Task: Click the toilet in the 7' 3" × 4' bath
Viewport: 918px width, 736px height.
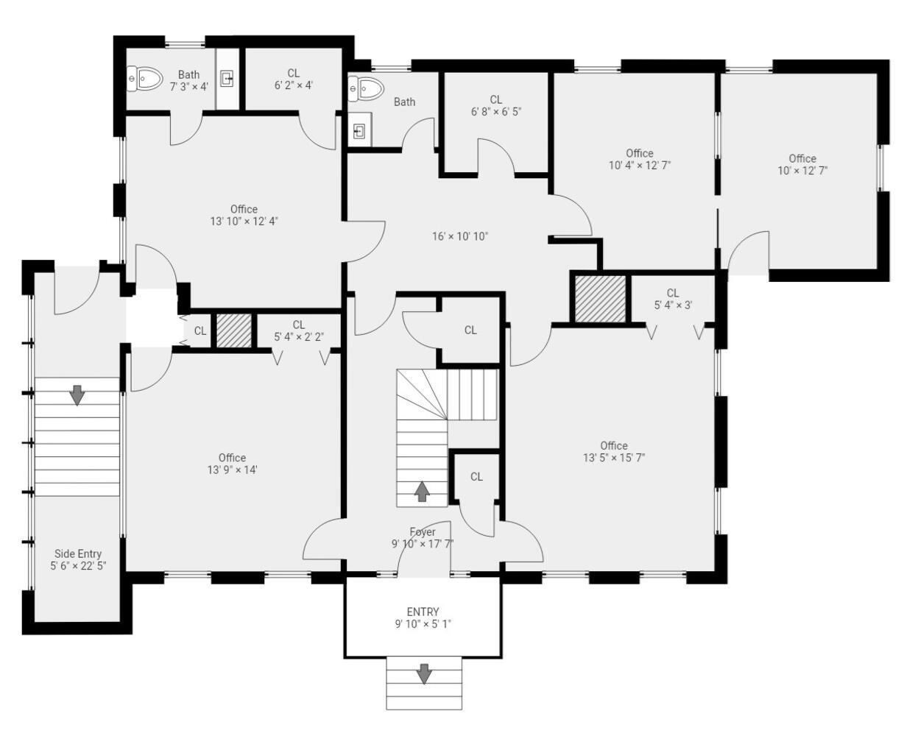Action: (145, 79)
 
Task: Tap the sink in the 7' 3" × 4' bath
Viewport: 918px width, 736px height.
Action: (227, 79)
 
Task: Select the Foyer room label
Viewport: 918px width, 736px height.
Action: (423, 531)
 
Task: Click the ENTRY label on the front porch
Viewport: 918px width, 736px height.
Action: (423, 612)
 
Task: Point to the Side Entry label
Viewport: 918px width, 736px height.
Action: (78, 554)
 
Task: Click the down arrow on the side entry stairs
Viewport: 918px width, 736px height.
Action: (77, 395)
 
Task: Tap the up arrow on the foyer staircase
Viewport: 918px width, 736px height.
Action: (422, 491)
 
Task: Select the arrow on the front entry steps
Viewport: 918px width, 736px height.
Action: (424, 673)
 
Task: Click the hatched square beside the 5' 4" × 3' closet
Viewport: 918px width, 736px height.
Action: (600, 299)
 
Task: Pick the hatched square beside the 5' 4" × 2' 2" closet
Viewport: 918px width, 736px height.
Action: (234, 331)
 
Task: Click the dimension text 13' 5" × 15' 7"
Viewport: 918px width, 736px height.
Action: (614, 458)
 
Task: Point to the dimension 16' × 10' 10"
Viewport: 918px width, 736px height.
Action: (460, 236)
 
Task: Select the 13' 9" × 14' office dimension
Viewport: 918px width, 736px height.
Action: (233, 470)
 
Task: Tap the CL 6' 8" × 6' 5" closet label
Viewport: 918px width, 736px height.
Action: (496, 106)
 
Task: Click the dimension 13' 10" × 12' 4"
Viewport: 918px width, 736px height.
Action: (244, 222)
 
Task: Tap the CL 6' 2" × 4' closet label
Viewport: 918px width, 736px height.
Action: (294, 79)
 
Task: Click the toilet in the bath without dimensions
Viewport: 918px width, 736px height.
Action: (366, 89)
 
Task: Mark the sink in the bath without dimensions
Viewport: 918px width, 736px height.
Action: (359, 131)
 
